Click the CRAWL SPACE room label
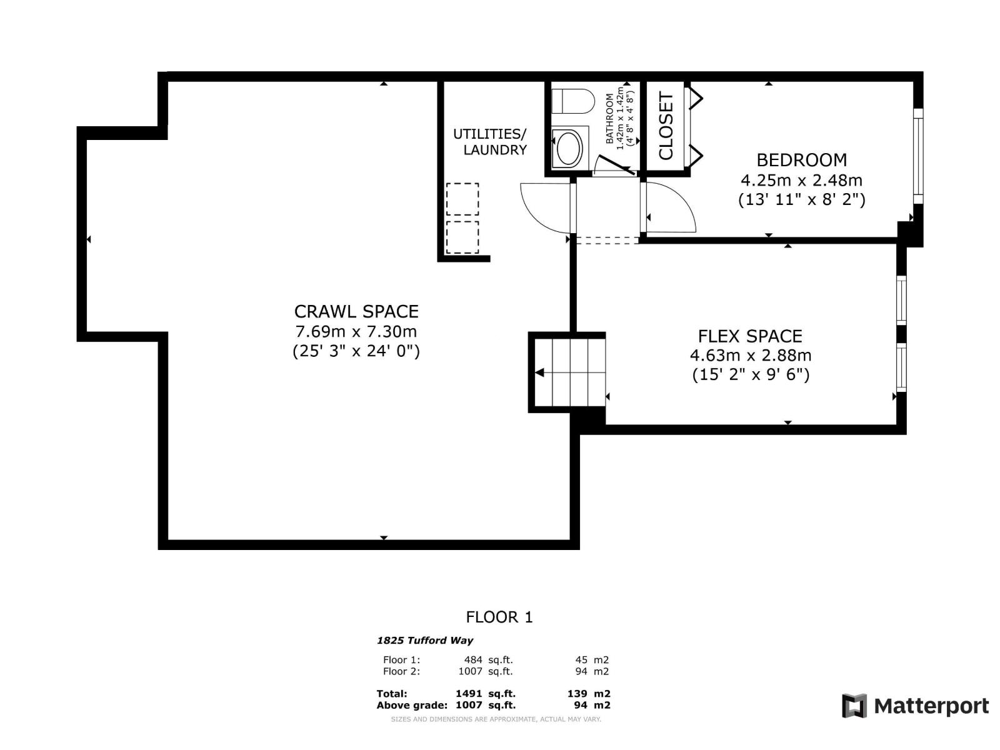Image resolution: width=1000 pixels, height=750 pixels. click(356, 311)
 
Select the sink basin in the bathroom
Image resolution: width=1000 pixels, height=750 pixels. click(569, 148)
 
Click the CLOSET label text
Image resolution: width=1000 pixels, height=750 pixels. click(666, 126)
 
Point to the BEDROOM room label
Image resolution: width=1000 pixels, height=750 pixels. click(801, 160)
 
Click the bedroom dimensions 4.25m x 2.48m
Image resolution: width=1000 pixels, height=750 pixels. click(801, 181)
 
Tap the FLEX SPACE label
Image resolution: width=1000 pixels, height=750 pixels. click(750, 336)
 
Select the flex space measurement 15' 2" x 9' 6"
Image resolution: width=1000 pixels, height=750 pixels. click(751, 375)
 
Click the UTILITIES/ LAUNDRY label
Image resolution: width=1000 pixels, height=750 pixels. click(491, 142)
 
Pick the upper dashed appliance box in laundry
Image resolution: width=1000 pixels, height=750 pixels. click(462, 199)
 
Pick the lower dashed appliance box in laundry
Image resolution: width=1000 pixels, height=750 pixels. click(462, 237)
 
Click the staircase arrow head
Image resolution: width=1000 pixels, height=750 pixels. click(539, 373)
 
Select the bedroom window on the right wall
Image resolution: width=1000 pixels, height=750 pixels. click(917, 156)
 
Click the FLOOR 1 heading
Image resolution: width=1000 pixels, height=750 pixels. click(499, 617)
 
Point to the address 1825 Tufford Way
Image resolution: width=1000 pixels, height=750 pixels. click(425, 641)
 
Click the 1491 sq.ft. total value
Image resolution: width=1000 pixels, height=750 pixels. click(486, 694)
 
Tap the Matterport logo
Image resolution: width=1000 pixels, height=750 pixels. click(915, 706)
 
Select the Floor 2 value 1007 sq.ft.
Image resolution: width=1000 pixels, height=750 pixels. click(486, 672)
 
